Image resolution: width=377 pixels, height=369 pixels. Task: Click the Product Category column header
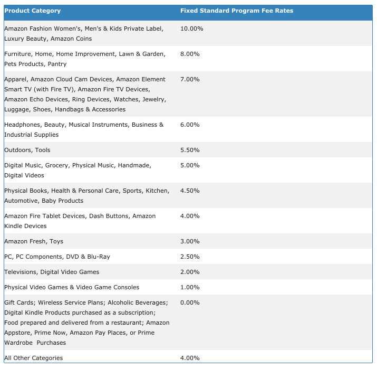(x=33, y=11)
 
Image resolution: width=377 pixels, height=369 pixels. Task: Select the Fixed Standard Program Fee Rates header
(x=237, y=11)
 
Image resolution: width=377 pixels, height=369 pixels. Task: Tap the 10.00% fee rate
(x=191, y=29)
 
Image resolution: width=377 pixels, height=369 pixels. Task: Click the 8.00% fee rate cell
(x=190, y=54)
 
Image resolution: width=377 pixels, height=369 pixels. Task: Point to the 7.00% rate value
(x=190, y=79)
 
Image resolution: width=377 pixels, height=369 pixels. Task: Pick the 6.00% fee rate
(x=190, y=125)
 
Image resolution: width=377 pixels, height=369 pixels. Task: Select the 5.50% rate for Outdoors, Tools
(x=190, y=150)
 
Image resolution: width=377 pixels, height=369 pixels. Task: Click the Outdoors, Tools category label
(x=27, y=150)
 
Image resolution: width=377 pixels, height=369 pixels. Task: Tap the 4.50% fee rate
(x=190, y=191)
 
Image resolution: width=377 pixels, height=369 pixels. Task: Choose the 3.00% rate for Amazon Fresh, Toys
(x=190, y=241)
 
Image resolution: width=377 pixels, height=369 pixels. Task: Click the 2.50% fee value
(x=190, y=257)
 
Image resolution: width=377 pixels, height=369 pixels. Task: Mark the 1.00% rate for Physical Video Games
(x=190, y=287)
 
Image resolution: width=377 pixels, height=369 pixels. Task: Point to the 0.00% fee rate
(x=190, y=302)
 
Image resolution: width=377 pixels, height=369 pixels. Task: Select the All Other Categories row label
(x=33, y=358)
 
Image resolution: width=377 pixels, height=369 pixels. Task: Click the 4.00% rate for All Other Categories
(x=190, y=358)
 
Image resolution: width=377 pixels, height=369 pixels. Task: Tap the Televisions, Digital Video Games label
(x=52, y=272)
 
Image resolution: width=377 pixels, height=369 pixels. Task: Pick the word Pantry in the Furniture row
(x=57, y=64)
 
